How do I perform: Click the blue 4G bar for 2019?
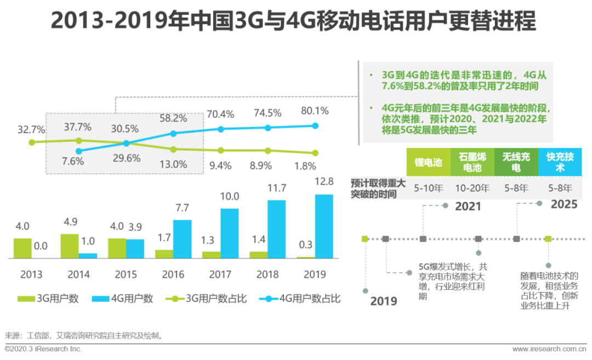coord(324,226)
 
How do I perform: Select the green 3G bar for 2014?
coord(70,246)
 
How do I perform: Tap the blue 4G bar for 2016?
coord(183,239)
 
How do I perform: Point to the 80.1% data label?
coord(315,111)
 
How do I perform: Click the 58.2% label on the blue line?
coord(173,118)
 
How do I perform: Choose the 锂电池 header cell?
coord(428,162)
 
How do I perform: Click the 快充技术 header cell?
coord(560,162)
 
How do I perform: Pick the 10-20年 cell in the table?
coord(472,188)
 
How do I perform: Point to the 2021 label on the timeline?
coord(468,206)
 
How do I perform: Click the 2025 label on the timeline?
coord(564,204)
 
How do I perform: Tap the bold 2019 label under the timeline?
coord(384,301)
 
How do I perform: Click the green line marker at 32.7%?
coord(32,142)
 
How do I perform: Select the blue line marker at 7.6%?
coord(78,151)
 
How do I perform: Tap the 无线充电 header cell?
coord(516,162)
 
